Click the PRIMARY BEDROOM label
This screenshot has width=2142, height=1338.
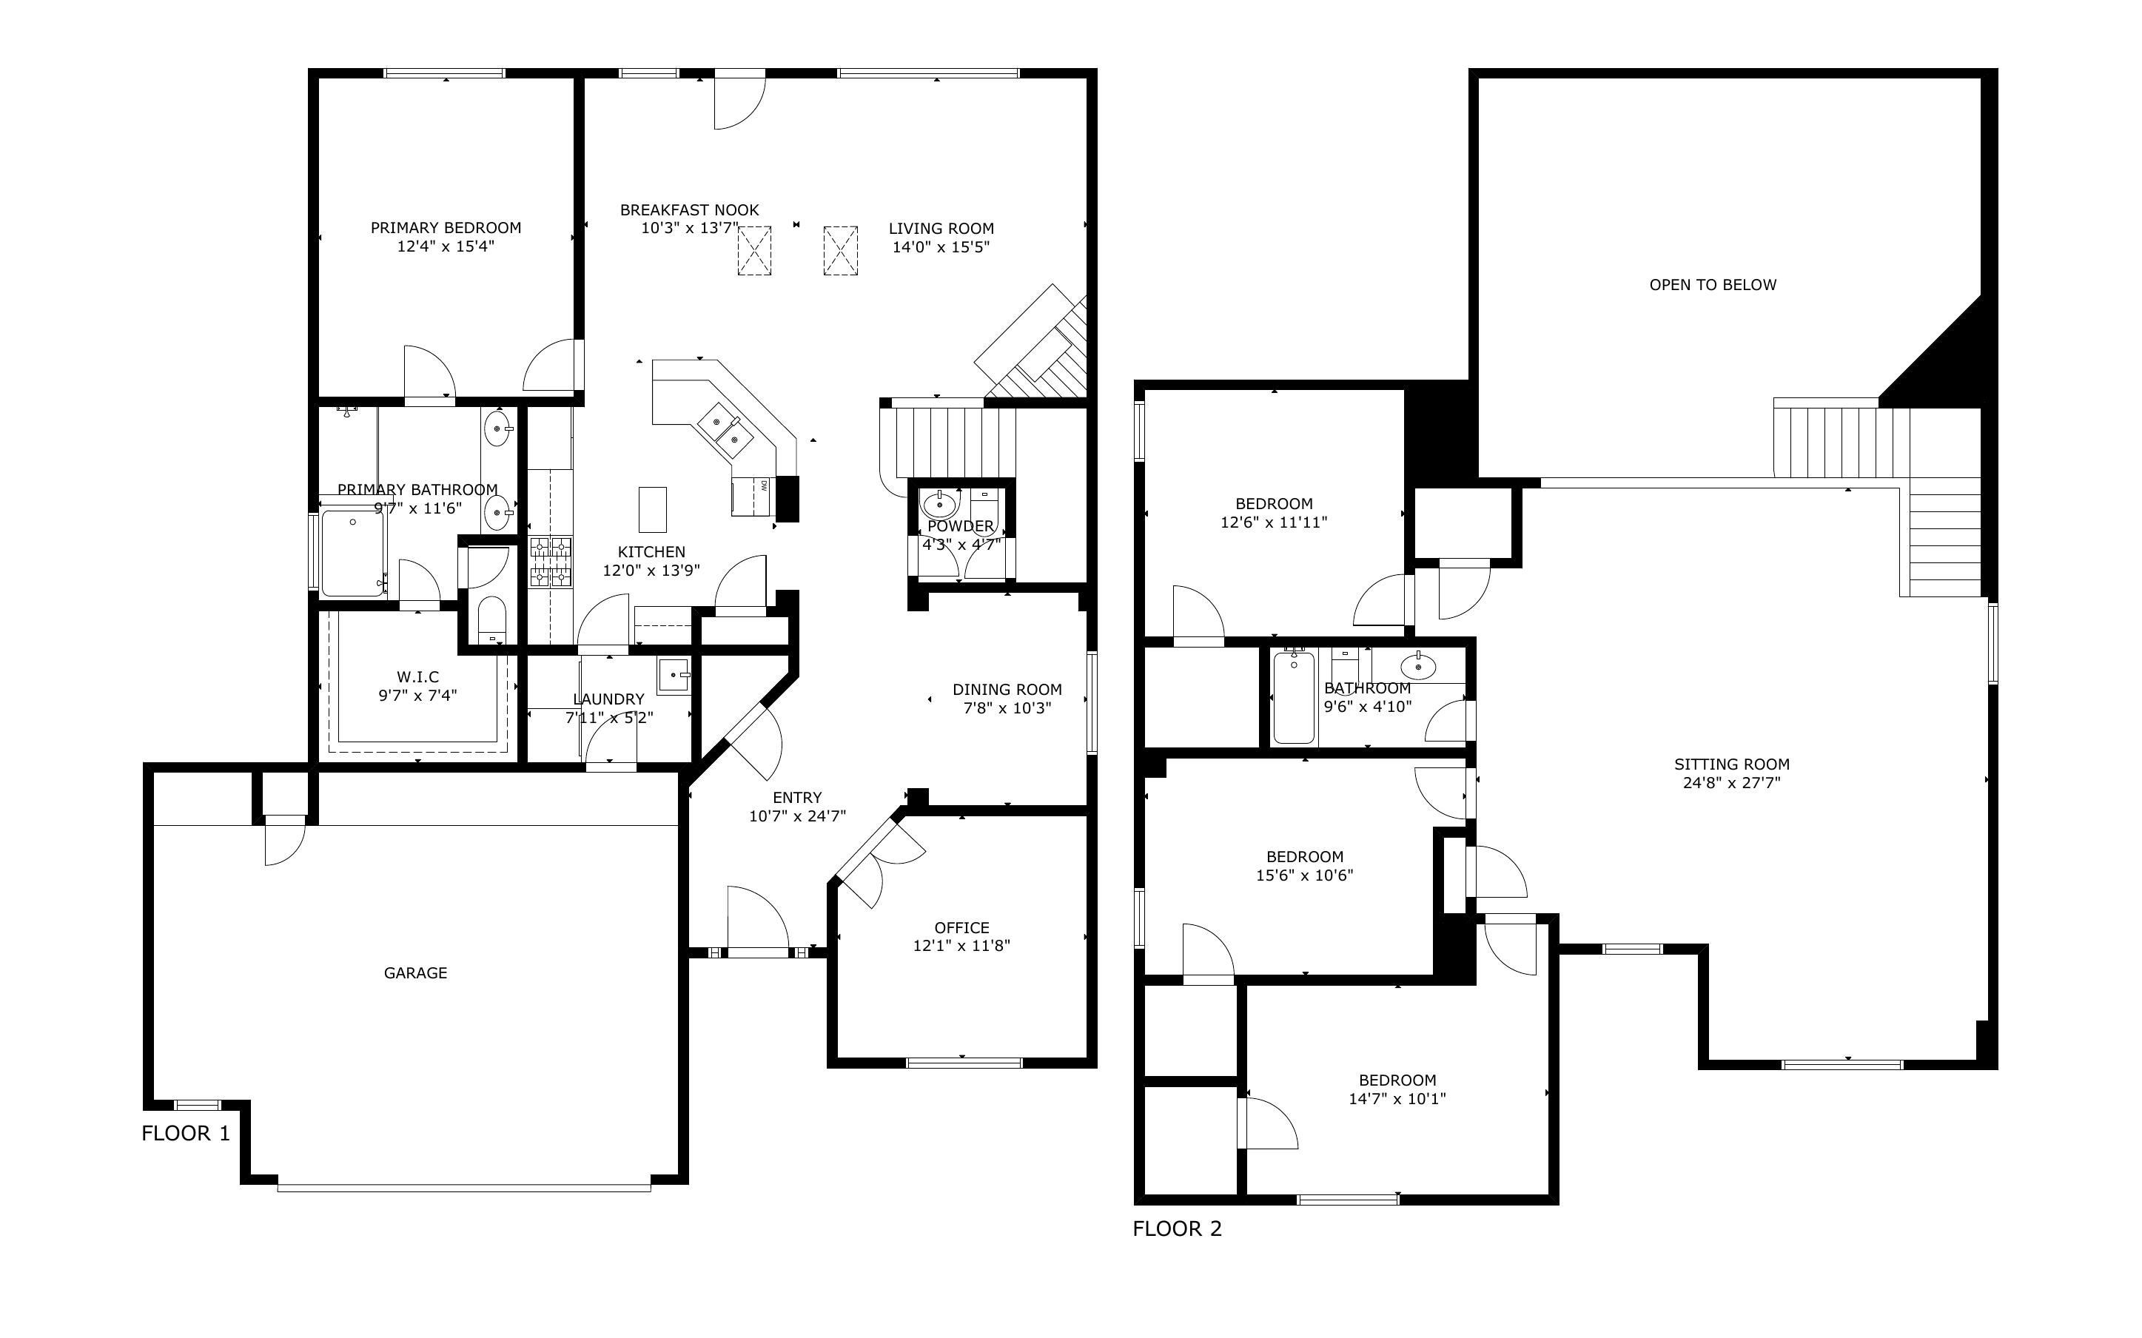[x=446, y=227]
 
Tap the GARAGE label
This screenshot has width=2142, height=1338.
[x=415, y=972]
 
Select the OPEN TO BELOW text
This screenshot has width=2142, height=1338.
[x=1713, y=284]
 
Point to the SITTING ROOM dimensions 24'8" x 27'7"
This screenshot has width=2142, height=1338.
[x=1731, y=782]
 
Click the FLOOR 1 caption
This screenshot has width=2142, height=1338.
[x=186, y=1133]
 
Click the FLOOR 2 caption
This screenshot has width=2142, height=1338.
[x=1178, y=1228]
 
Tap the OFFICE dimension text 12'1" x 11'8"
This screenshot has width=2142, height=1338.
[x=961, y=945]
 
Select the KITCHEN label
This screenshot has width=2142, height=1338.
[x=651, y=551]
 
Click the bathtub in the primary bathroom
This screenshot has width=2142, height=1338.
[x=353, y=552]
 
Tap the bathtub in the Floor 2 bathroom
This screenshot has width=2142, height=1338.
[x=1294, y=696]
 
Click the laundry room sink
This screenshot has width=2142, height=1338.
[x=674, y=675]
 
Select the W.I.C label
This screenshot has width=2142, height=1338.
[x=417, y=677]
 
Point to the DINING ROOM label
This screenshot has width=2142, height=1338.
[x=1007, y=690]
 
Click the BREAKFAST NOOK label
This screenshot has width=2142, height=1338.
[x=689, y=209]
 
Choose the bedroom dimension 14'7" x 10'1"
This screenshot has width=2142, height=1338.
[x=1397, y=1098]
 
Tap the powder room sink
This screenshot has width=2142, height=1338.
[x=939, y=505]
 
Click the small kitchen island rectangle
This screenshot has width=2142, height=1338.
[x=653, y=509]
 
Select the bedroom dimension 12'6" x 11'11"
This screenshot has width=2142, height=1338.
[x=1274, y=522]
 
